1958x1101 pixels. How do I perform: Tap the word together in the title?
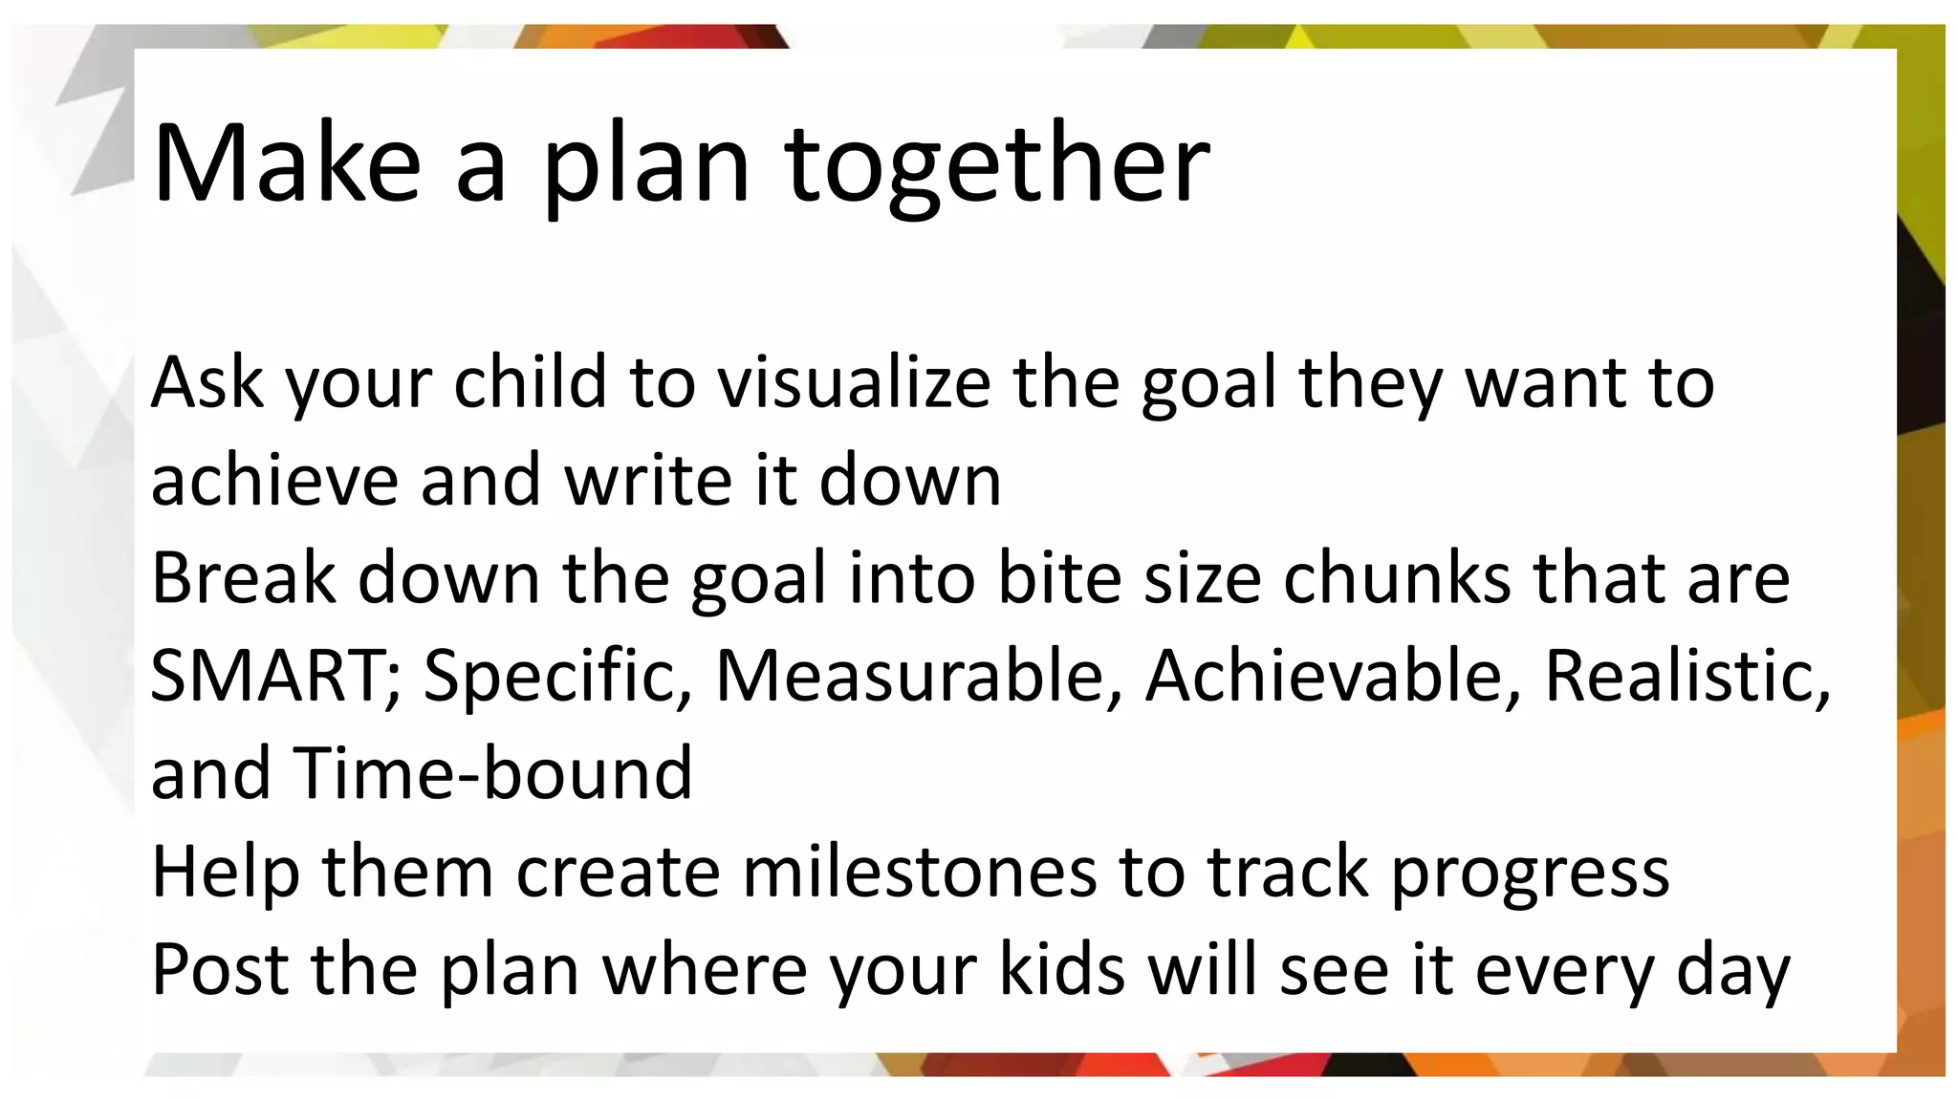pos(997,164)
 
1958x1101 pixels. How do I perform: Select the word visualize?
pos(854,382)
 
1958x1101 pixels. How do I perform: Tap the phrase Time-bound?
pos(492,773)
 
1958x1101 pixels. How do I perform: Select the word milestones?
pos(918,872)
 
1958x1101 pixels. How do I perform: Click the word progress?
pos(1530,874)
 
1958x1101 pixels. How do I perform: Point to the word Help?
pos(226,872)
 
